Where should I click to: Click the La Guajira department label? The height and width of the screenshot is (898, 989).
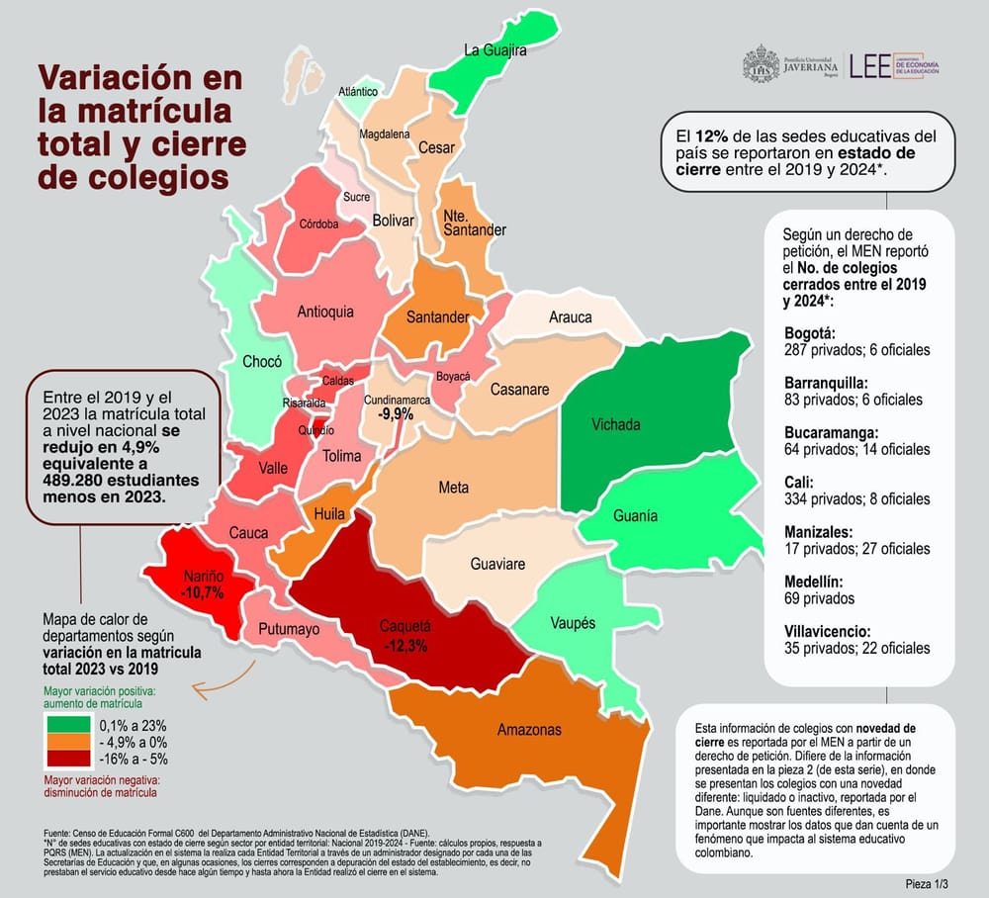(x=495, y=49)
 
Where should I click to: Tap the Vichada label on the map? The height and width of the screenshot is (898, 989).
(x=615, y=425)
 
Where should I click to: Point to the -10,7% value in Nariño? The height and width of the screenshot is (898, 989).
(x=203, y=592)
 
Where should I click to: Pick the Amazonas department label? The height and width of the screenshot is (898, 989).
(x=529, y=730)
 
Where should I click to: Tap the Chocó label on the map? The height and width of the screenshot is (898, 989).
(x=262, y=362)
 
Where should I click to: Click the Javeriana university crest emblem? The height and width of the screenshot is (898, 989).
(x=761, y=65)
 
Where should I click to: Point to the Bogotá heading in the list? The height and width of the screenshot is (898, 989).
(x=809, y=332)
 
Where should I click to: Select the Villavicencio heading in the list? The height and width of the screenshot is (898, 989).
(x=827, y=631)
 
